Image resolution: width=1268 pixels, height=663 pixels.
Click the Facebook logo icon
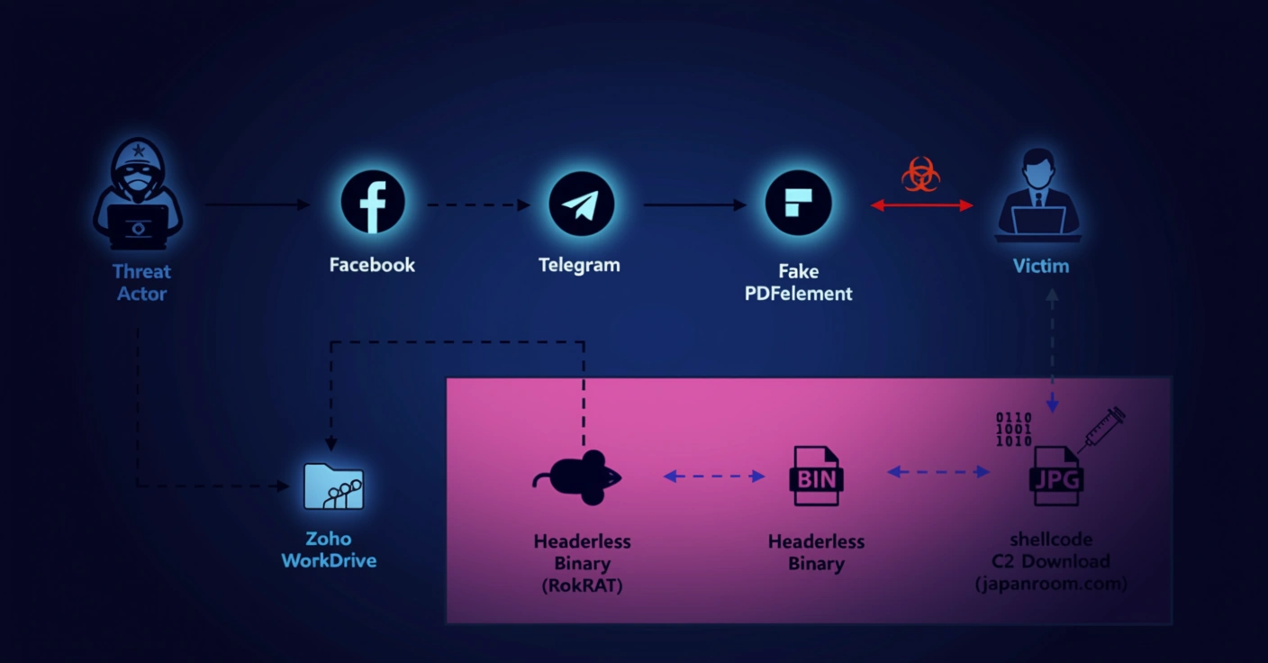372,204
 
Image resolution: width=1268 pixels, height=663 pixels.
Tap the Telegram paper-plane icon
581,204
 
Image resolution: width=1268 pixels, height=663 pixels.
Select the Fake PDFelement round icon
798,204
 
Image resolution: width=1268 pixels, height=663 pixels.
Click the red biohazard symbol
920,174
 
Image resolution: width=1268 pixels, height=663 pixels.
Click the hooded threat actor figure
139,195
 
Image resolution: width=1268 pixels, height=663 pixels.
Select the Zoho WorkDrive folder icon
333,486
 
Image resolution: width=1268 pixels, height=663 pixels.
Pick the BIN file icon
816,477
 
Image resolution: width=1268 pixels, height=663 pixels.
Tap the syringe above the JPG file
1102,429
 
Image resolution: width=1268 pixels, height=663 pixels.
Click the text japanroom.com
1051,584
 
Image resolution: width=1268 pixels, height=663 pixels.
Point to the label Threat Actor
141,282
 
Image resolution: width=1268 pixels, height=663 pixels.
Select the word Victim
1041,267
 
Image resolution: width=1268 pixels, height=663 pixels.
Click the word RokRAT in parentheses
582,586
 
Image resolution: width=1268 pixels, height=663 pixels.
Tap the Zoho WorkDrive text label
329,549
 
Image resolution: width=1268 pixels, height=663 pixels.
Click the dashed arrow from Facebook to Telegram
478,205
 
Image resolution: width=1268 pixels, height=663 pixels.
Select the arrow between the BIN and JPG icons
937,471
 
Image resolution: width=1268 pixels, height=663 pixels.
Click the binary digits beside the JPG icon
1013,429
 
